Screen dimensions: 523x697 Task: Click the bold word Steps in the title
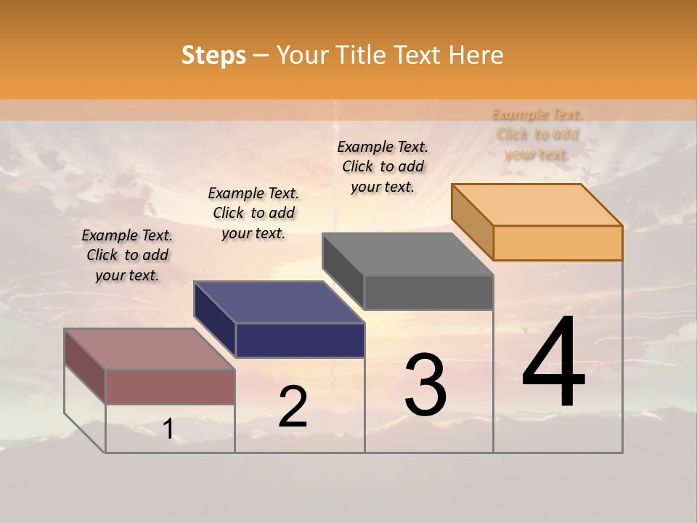click(x=213, y=55)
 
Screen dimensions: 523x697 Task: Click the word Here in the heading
click(x=476, y=55)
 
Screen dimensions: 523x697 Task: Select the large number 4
click(x=553, y=362)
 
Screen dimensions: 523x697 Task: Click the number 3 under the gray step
click(x=425, y=385)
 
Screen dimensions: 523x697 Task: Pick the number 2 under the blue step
click(x=293, y=407)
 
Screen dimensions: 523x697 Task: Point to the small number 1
click(x=168, y=429)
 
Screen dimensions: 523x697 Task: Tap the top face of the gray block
click(x=408, y=254)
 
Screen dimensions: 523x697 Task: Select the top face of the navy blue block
click(x=280, y=302)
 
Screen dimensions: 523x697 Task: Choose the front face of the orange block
click(x=558, y=243)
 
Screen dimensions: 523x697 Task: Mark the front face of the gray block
click(x=428, y=292)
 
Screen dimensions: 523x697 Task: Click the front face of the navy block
click(x=300, y=340)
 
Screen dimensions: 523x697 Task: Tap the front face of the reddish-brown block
click(x=171, y=386)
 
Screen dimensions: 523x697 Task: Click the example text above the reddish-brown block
click(x=127, y=255)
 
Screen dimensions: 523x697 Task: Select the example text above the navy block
click(x=253, y=213)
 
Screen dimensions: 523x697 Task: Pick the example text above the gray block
click(x=383, y=166)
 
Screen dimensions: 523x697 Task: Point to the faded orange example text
click(x=537, y=134)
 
